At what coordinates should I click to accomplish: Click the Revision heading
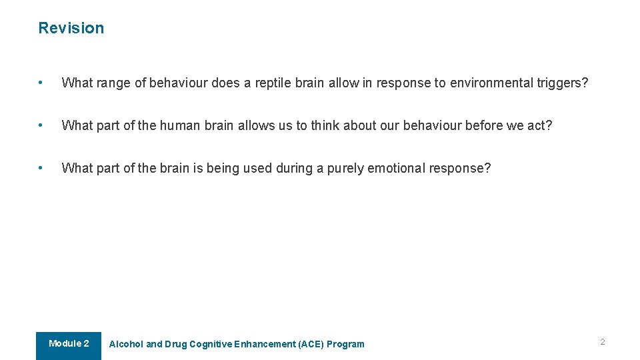(71, 28)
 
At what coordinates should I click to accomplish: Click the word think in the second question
(325, 126)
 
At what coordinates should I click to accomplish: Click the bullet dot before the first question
(41, 83)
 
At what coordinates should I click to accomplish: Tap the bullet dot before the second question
(41, 126)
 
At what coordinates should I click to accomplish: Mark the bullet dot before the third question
(41, 169)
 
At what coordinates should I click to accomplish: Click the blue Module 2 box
(69, 345)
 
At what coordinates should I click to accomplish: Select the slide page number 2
(602, 342)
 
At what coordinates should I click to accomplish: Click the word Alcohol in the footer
(126, 345)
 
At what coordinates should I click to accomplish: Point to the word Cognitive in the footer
(211, 345)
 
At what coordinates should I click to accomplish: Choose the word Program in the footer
(345, 345)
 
